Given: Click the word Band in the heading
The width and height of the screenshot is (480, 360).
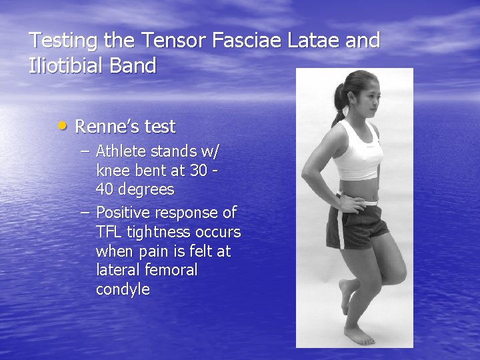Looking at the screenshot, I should point(137,66).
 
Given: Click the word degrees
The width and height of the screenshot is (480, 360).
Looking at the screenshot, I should point(145,189).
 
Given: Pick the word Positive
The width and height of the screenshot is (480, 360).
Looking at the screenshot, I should point(123,213).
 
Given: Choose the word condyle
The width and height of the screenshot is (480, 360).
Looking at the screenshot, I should point(123,289).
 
